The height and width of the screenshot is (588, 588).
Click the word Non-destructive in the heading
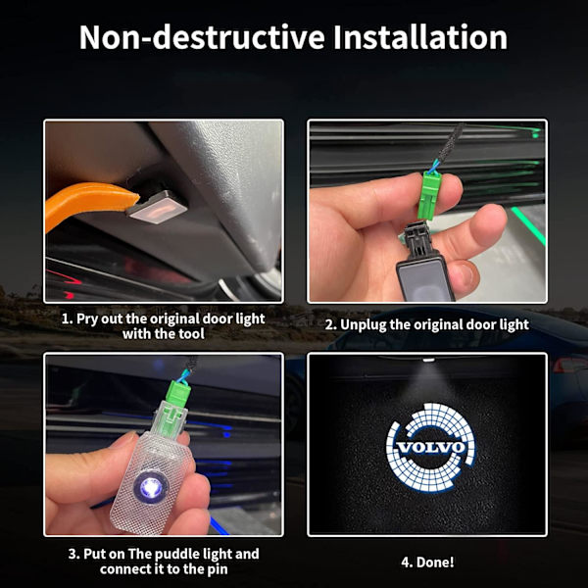click(x=202, y=37)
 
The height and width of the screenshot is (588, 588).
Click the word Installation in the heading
click(x=420, y=37)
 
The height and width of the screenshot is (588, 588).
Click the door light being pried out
click(x=157, y=206)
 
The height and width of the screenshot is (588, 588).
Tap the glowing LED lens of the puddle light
click(x=151, y=487)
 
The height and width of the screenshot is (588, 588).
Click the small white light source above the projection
click(x=428, y=361)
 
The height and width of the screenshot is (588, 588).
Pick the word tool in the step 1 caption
click(x=192, y=334)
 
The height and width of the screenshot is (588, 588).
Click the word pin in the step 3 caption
click(x=218, y=570)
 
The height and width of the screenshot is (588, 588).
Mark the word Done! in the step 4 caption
click(x=435, y=563)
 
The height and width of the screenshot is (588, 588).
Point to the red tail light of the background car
click(x=570, y=366)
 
